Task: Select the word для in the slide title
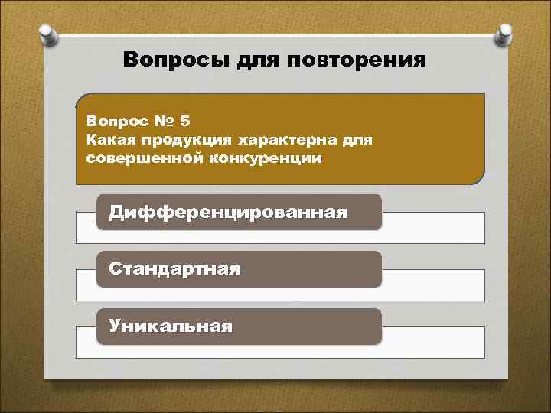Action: [259, 60]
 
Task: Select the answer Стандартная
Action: [174, 269]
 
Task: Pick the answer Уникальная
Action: [171, 327]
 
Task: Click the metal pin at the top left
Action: [47, 34]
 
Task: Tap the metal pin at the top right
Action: [504, 34]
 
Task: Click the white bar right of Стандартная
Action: [432, 285]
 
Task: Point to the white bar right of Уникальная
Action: [432, 342]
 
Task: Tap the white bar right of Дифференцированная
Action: [432, 227]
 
